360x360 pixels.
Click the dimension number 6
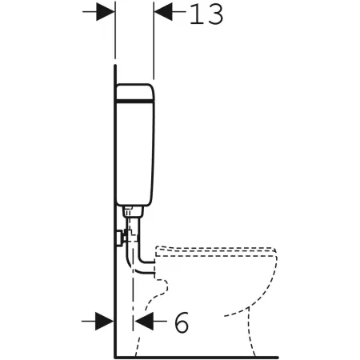(182, 322)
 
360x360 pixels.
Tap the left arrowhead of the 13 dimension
(106, 12)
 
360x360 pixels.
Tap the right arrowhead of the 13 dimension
(163, 12)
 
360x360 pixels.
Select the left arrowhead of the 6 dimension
(105, 321)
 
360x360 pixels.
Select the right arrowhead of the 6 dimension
(144, 321)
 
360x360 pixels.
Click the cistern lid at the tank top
(135, 92)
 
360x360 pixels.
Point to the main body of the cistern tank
(135, 154)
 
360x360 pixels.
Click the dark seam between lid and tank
(135, 101)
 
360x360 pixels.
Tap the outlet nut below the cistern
(133, 211)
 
